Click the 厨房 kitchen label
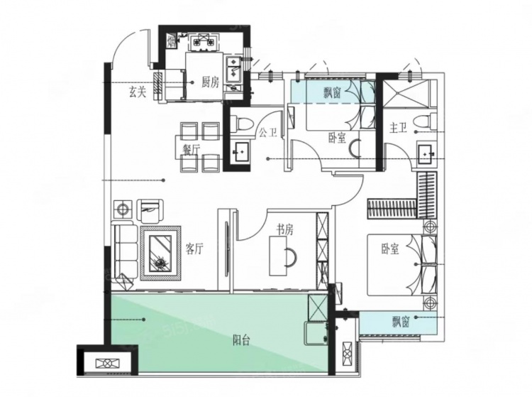click(211, 82)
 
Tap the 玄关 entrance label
click(138, 92)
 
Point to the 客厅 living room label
click(194, 249)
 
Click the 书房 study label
click(284, 230)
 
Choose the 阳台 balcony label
click(242, 340)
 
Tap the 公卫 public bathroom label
click(268, 132)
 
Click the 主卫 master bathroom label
click(398, 128)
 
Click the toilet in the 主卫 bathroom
click(425, 121)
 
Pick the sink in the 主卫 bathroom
click(425, 153)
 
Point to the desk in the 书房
click(278, 256)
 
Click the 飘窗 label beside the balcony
click(401, 321)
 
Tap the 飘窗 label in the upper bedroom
click(332, 92)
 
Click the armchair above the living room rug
click(150, 211)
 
